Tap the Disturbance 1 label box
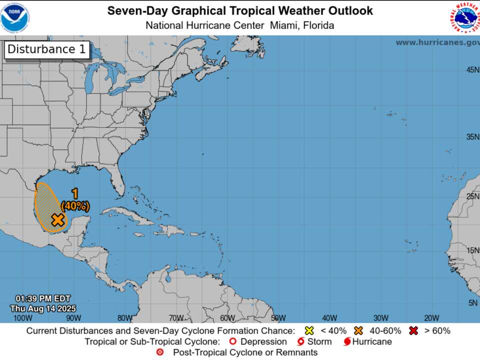[47, 49]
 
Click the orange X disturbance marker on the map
[58, 219]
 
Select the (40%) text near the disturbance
[75, 205]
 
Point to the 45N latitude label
[472, 70]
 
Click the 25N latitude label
[472, 196]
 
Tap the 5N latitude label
[473, 302]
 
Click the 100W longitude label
[22, 318]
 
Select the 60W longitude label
[227, 318]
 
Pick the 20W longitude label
[431, 318]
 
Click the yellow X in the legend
[309, 330]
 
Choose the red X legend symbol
[413, 330]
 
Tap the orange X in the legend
[358, 330]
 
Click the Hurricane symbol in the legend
[346, 342]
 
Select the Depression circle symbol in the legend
[232, 342]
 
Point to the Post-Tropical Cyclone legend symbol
[160, 352]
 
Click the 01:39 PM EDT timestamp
[43, 298]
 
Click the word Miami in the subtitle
[284, 25]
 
